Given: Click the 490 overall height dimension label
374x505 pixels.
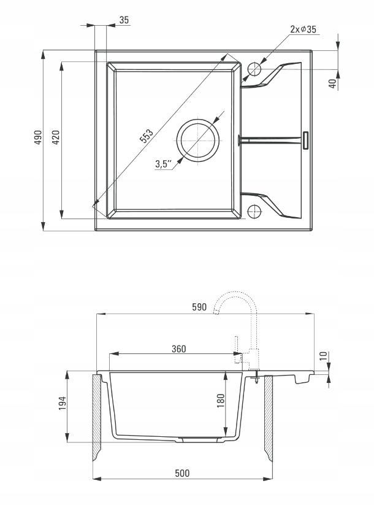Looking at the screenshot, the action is (39, 137).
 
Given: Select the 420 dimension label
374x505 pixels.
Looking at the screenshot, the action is (56, 137).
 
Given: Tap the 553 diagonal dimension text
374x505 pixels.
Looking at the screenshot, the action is (146, 136).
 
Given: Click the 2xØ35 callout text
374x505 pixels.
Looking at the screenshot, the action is (303, 29).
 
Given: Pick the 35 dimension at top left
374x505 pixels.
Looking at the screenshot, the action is (124, 20).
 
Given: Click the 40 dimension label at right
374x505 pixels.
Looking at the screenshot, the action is (333, 83).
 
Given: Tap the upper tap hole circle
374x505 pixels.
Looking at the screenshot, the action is (254, 69).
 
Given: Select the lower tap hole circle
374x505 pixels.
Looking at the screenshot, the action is (254, 212).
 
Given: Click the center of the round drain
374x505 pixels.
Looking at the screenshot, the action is (197, 141).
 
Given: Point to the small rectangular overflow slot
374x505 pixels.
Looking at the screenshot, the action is (306, 141).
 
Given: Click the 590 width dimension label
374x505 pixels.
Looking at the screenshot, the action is (199, 307).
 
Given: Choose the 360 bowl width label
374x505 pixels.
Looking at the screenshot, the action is (178, 349).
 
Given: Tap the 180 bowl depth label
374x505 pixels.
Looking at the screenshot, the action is (221, 401).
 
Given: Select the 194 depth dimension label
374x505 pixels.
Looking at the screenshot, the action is (62, 403).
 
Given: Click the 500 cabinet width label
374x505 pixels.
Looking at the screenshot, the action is (182, 473).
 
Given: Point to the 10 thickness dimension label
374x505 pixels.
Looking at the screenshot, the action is (324, 355).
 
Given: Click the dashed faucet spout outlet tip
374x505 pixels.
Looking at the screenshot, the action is (216, 312).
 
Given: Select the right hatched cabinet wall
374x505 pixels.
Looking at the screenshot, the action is (269, 417).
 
